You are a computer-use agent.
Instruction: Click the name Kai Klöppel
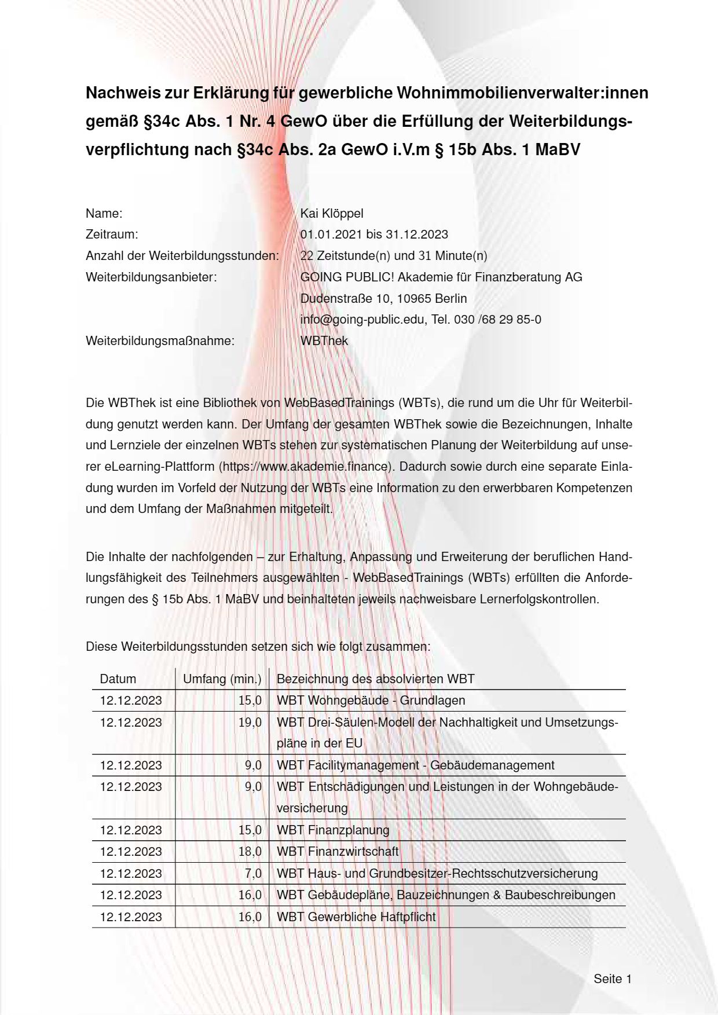(x=332, y=213)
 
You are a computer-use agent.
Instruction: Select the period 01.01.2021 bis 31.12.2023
(x=374, y=234)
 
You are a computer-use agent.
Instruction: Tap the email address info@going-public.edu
(x=362, y=320)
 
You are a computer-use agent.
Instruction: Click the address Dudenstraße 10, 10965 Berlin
(x=383, y=299)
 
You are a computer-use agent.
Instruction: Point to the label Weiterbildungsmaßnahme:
(x=160, y=341)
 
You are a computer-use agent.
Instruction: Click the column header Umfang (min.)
(x=222, y=679)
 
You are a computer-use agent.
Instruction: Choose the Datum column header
(x=118, y=679)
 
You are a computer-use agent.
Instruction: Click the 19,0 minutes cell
(x=250, y=723)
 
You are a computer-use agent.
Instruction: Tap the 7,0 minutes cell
(x=254, y=874)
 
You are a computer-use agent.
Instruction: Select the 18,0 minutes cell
(x=250, y=852)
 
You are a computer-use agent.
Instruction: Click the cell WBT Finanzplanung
(x=333, y=830)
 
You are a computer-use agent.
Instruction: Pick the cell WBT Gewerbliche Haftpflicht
(x=356, y=917)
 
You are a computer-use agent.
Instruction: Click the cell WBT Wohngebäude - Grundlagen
(x=371, y=701)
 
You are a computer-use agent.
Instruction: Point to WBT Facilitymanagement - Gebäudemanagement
(x=415, y=765)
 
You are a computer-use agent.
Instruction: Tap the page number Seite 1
(x=612, y=979)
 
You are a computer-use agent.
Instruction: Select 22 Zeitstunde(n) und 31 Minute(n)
(x=394, y=256)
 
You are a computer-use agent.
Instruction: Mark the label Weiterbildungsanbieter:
(x=151, y=277)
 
